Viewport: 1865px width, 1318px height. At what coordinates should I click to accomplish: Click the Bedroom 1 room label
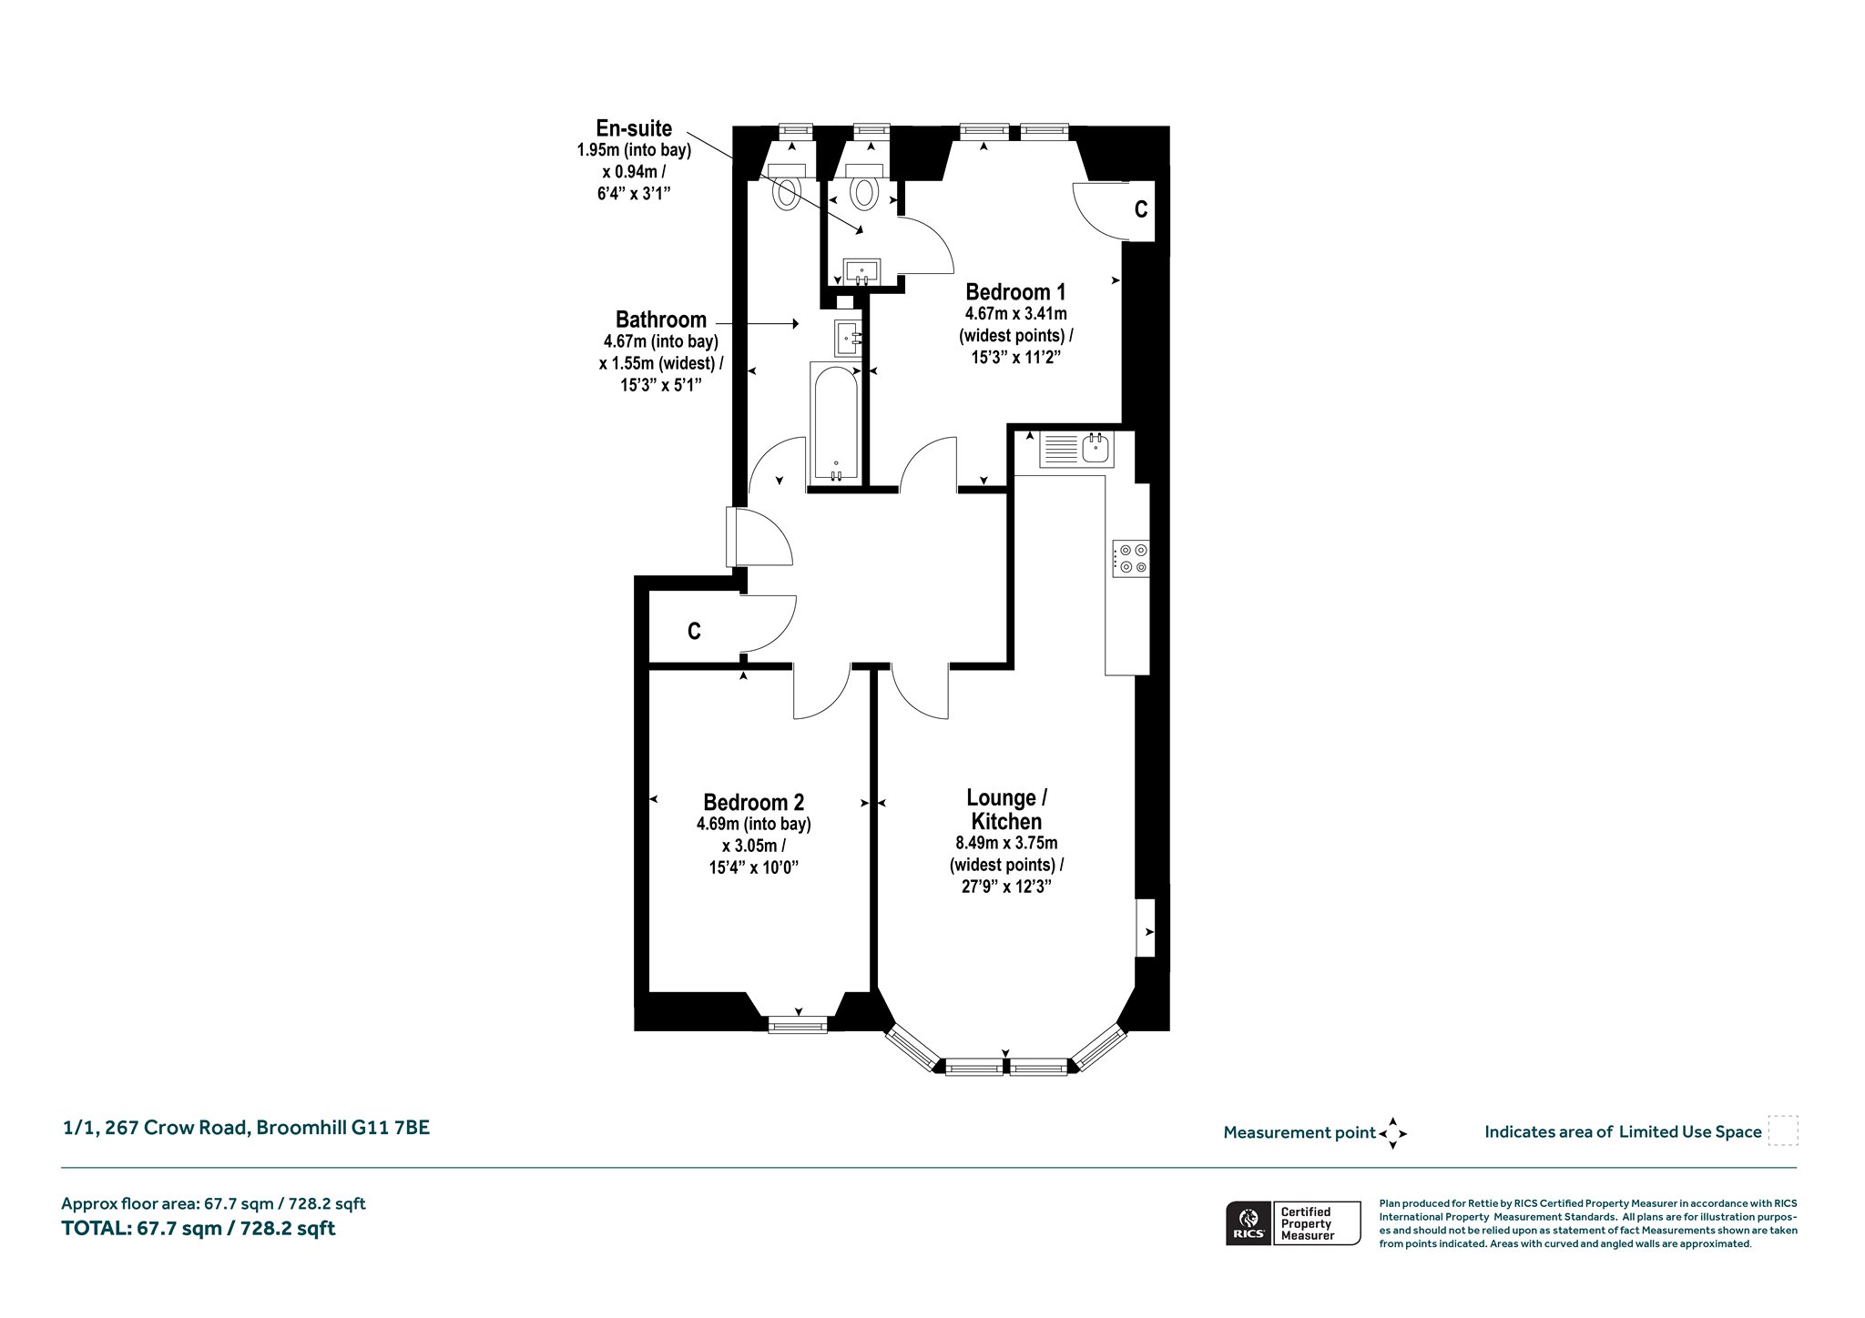point(1015,292)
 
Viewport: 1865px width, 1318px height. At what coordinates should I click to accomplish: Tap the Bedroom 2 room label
point(753,803)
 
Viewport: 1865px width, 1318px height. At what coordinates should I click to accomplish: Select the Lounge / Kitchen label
point(1006,809)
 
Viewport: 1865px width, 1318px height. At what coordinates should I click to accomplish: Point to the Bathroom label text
point(661,319)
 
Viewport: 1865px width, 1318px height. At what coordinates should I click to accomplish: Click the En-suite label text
point(634,128)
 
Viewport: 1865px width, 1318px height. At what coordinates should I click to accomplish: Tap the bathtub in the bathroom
point(836,422)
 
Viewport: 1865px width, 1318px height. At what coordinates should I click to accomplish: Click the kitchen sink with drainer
point(1075,449)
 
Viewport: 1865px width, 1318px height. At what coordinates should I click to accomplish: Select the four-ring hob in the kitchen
point(1130,558)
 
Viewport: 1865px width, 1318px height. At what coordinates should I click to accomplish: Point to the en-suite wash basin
point(861,270)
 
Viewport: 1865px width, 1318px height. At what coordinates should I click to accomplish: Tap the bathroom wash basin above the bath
point(849,338)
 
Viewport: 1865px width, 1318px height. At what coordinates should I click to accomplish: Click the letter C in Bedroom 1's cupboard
point(1141,209)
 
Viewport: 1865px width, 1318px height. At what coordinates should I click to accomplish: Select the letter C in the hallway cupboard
point(694,631)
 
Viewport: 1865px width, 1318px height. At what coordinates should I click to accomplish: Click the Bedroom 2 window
point(798,1025)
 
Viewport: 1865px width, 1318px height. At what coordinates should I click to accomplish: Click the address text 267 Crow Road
point(177,1128)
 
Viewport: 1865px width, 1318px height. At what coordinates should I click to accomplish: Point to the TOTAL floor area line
point(198,1229)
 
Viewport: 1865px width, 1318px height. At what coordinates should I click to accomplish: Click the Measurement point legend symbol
point(1392,1133)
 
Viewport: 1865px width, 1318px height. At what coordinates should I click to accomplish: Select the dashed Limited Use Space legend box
point(1783,1130)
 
